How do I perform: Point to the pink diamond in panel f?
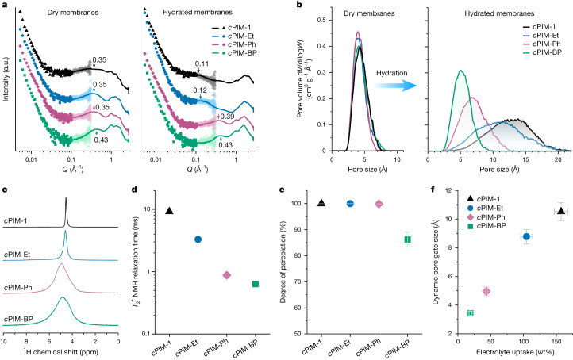(x=486, y=291)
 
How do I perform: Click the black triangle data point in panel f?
(x=539, y=211)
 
